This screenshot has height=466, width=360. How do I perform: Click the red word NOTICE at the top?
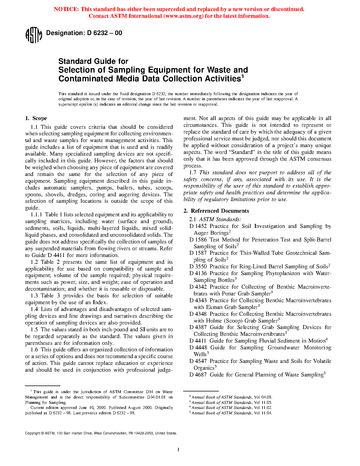[66, 9]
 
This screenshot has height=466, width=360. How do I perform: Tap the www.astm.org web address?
[183, 16]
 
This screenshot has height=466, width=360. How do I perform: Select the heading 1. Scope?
[36, 118]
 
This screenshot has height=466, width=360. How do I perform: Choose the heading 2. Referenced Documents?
[216, 211]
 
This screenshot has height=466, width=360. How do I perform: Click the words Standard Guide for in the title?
[93, 61]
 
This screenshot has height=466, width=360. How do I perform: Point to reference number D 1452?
[198, 226]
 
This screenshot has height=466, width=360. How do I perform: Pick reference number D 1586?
[198, 240]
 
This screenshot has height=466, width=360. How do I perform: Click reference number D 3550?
[198, 267]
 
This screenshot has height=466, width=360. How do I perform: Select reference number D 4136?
[198, 273]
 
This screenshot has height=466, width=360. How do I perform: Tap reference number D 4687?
[198, 375]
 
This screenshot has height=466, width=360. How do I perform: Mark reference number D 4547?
[198, 361]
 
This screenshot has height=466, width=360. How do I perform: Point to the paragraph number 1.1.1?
[36, 215]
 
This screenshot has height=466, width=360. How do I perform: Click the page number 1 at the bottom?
[178, 450]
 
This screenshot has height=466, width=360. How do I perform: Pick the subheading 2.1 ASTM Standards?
[215, 219]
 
